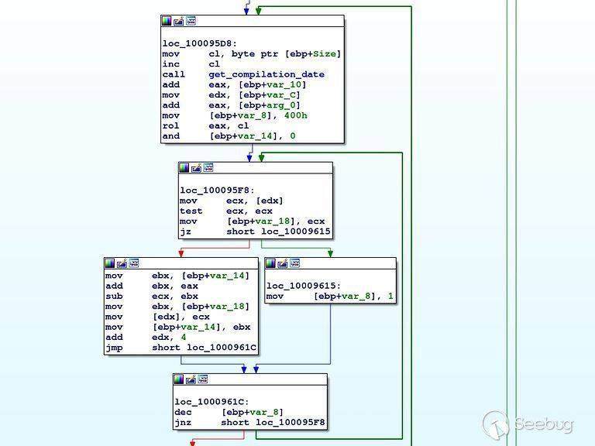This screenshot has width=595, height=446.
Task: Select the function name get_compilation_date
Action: (267, 74)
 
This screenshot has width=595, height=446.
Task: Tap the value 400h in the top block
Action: (294, 115)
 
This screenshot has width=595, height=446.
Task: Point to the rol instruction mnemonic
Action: (170, 125)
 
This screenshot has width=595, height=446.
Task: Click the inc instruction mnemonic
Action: (170, 64)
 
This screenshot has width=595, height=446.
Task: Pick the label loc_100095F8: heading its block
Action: (218, 190)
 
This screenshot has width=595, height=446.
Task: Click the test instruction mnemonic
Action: (191, 211)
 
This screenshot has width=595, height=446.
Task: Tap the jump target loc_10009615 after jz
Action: (295, 232)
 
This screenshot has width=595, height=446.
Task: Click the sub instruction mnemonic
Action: (113, 296)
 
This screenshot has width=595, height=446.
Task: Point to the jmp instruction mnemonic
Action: (113, 348)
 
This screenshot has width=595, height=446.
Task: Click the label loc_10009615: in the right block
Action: (304, 286)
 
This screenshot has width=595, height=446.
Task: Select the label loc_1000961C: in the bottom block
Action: (212, 402)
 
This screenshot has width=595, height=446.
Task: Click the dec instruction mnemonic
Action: (183, 412)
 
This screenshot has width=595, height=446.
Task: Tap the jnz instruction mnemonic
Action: (183, 422)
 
